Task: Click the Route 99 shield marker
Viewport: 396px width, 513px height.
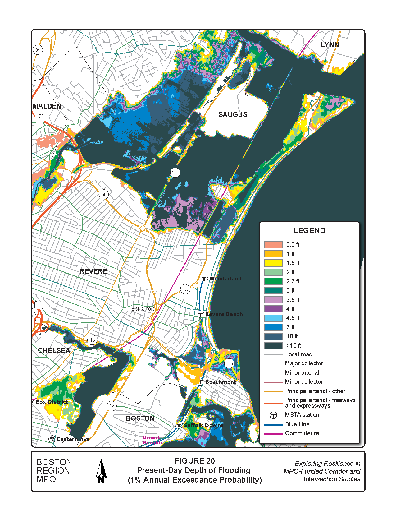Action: pos(38,50)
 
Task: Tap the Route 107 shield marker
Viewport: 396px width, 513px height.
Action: pos(175,173)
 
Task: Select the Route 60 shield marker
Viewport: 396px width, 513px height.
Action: pos(104,195)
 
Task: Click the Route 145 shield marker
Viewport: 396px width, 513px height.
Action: pos(229,363)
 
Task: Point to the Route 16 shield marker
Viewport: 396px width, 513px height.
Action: pos(92,340)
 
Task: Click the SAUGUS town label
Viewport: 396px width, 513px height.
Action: pos(233,114)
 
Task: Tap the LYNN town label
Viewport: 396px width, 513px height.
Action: pos(330,44)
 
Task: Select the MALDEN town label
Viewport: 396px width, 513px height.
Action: pos(47,106)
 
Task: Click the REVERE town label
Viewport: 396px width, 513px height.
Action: pos(93,271)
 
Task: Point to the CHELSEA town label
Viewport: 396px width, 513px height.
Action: pos(54,350)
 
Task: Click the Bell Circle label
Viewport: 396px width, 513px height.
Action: pos(143,309)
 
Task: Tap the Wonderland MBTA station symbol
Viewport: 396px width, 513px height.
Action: pos(204,279)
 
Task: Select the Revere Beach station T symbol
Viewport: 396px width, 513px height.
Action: pos(200,314)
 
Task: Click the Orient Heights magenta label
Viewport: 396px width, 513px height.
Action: pos(152,440)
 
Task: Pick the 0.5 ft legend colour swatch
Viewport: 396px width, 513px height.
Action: pos(273,245)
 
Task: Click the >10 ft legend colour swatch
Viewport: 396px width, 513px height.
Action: pos(273,345)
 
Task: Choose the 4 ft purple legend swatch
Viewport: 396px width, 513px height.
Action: pos(273,309)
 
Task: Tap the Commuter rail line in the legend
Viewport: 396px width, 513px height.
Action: pos(273,433)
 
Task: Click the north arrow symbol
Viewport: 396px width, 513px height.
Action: pos(101,471)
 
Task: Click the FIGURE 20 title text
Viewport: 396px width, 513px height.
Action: pos(195,461)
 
